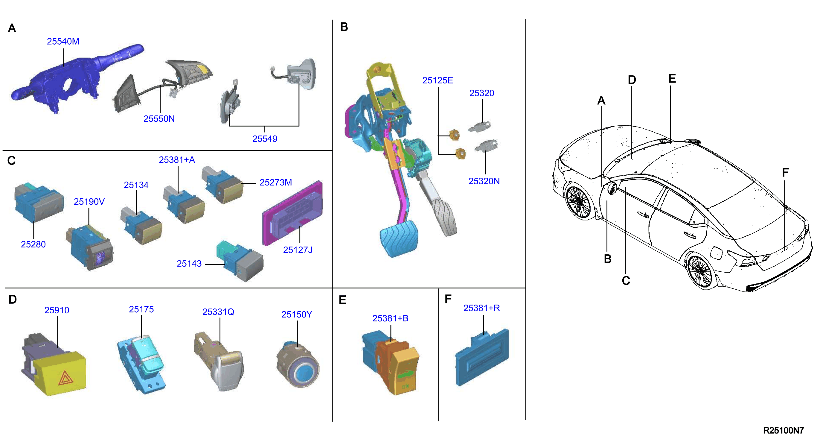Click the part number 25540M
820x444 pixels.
[x=63, y=41]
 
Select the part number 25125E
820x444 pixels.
[x=438, y=80]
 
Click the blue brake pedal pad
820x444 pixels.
[x=399, y=238]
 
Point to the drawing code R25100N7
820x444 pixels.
[x=784, y=430]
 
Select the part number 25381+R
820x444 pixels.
[x=481, y=308]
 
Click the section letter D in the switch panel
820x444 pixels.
[x=13, y=299]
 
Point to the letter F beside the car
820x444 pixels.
[x=785, y=173]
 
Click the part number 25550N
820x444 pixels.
[x=159, y=119]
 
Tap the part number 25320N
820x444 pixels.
[x=484, y=181]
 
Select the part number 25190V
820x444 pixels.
[x=89, y=202]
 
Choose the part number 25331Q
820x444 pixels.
[x=218, y=312]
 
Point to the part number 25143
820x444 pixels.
[x=189, y=264]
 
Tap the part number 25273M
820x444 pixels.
[x=276, y=183]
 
